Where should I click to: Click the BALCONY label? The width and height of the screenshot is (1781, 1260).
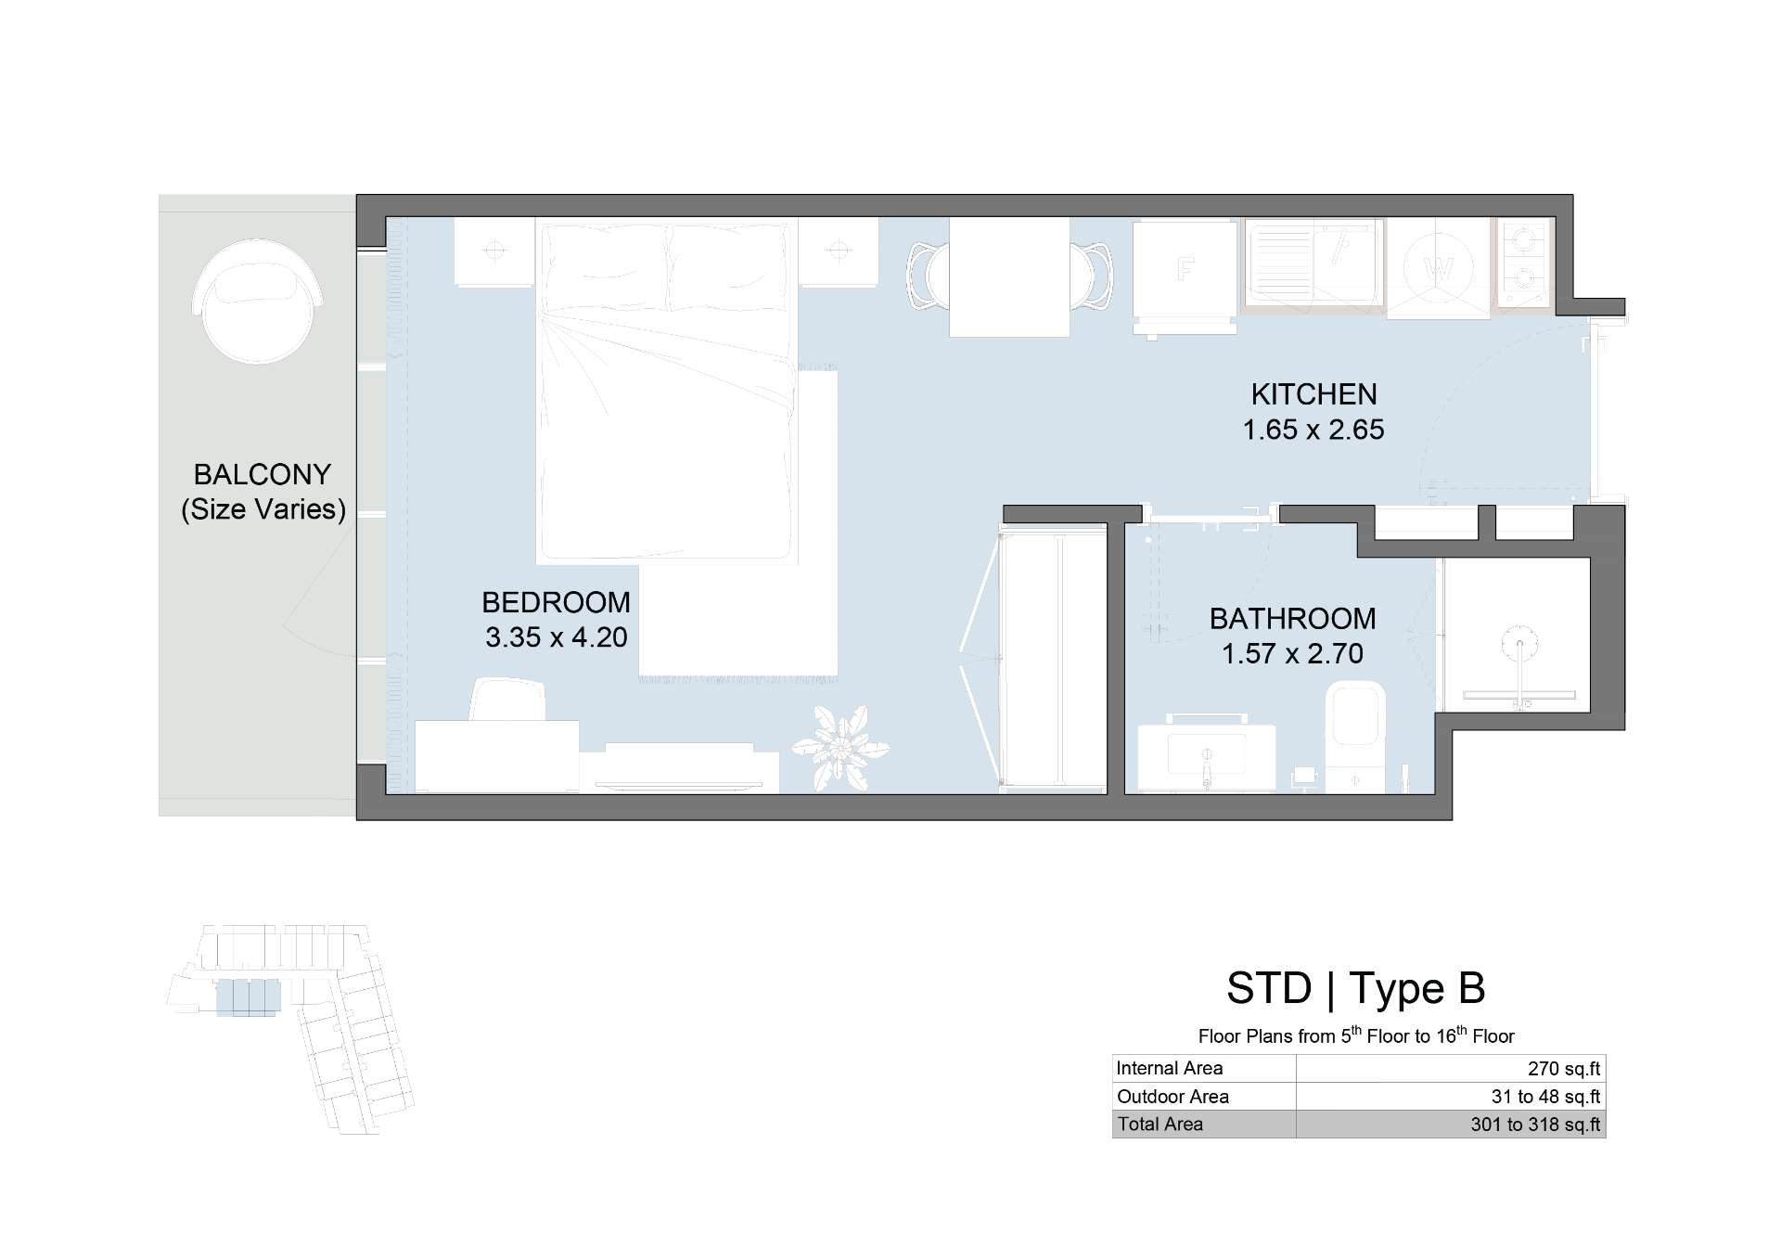(263, 474)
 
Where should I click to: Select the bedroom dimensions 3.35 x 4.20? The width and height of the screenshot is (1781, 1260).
(557, 637)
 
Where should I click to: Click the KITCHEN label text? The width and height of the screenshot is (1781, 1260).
(1313, 394)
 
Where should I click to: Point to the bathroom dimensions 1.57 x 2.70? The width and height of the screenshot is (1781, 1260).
(1292, 653)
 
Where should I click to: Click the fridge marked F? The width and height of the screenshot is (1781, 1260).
(1185, 276)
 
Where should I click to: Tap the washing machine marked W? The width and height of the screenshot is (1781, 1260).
(1439, 269)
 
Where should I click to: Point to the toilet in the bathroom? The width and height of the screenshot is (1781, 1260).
(1355, 737)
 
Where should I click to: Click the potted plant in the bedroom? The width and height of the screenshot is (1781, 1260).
(841, 748)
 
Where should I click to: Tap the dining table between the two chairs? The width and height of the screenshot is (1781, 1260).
(1009, 276)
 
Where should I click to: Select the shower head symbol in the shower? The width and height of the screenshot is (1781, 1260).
(1519, 640)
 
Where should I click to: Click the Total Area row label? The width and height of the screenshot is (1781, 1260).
(1160, 1125)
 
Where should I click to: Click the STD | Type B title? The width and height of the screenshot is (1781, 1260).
(1356, 988)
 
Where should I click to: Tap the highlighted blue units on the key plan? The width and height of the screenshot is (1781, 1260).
(248, 998)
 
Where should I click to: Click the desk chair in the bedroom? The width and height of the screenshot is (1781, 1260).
(507, 700)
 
